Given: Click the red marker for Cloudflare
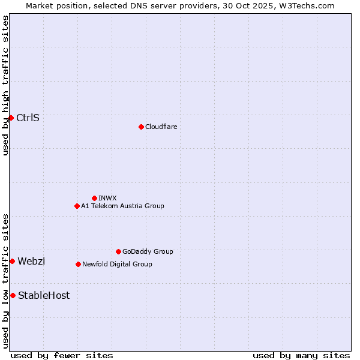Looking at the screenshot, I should [141, 127].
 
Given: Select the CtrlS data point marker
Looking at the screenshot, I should [11, 118].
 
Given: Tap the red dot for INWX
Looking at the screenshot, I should [94, 198].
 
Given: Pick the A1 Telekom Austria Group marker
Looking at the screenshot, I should [77, 206].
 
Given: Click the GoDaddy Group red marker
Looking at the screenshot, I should [118, 251].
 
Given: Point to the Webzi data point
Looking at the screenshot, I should [12, 261].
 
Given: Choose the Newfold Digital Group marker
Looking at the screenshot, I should [78, 264].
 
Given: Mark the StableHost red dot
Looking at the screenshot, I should [13, 295].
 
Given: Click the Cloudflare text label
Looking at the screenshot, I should [161, 127].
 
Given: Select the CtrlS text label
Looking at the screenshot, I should [28, 118].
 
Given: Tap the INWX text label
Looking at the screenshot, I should [107, 198].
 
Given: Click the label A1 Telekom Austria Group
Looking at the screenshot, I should [122, 206].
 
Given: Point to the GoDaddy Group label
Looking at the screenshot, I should [148, 251].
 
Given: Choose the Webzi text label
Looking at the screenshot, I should [31, 261].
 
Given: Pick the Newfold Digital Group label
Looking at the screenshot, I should [117, 264].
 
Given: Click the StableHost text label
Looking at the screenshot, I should [44, 295].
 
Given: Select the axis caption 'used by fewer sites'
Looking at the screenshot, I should [62, 355].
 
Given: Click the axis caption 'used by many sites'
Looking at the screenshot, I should [301, 355].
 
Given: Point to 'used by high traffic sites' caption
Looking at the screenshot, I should [5, 85].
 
